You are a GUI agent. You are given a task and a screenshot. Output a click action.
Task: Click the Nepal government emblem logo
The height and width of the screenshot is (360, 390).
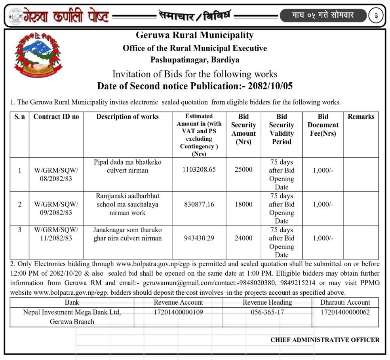pyautogui.click(x=38, y=55)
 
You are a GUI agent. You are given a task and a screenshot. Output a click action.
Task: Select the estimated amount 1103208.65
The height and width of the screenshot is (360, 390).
pyautogui.click(x=199, y=170)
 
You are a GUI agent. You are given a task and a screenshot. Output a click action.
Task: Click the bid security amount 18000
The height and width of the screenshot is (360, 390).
pyautogui.click(x=244, y=204)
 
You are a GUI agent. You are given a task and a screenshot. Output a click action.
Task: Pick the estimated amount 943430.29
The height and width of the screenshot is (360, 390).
pyautogui.click(x=199, y=238)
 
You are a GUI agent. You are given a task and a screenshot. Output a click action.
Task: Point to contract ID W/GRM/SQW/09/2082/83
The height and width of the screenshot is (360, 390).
pyautogui.click(x=56, y=208)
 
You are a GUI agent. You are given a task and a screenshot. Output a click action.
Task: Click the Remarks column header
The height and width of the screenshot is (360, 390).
pyautogui.click(x=361, y=117)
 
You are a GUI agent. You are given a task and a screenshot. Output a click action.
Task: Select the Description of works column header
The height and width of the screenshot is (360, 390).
pyautogui.click(x=127, y=117)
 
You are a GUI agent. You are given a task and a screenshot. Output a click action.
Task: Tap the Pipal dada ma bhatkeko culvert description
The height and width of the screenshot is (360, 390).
pyautogui.click(x=127, y=166)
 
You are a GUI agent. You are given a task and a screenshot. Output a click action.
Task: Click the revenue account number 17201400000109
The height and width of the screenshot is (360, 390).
pyautogui.click(x=178, y=312)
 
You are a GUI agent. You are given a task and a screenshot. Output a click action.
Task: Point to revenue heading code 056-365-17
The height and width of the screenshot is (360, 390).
pyautogui.click(x=267, y=312)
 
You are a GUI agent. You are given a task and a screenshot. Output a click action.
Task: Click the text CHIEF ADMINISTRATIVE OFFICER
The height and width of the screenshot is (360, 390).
pyautogui.click(x=325, y=340)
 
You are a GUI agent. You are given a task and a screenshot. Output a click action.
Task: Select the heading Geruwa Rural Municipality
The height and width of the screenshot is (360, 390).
pyautogui.click(x=194, y=35)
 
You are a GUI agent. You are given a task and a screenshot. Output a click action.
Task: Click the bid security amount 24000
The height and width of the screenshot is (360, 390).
pyautogui.click(x=244, y=238)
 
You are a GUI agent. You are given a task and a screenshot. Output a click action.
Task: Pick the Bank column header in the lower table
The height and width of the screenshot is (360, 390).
pyautogui.click(x=72, y=303)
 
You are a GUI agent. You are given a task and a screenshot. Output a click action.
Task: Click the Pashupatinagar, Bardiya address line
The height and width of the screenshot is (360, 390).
pyautogui.click(x=194, y=60)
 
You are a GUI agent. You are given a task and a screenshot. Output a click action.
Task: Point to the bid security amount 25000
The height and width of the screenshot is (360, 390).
pyautogui.click(x=244, y=170)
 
